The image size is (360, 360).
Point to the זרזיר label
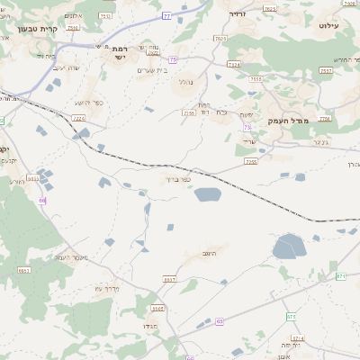point(238,14)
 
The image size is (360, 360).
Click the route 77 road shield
point(166,16)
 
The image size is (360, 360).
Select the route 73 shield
point(247,129)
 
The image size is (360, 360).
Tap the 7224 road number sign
point(78,118)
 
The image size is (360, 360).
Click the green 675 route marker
point(291,317)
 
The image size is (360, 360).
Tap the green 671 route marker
point(341,275)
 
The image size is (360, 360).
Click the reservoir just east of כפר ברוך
point(207,194)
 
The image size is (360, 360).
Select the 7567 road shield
point(326,70)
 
